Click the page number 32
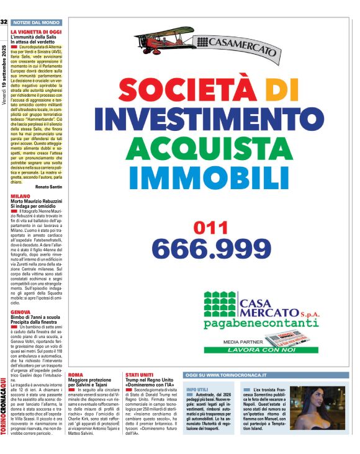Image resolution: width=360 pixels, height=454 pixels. coord(4,22)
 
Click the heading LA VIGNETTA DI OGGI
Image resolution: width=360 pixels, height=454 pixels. coord(36,31)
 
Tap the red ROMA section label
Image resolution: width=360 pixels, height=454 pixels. coord(74,376)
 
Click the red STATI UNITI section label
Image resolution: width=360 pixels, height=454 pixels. coord(138,376)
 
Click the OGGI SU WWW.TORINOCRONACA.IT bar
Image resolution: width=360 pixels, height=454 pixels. coord(227,375)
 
